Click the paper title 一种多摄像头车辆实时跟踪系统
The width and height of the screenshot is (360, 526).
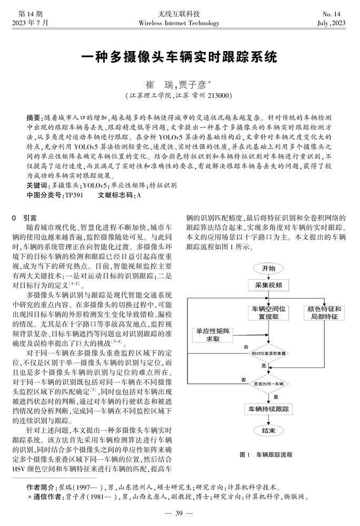pos(179,56)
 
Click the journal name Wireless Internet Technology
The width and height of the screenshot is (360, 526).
pos(179,23)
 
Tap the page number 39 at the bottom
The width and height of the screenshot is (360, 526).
pos(179,513)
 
